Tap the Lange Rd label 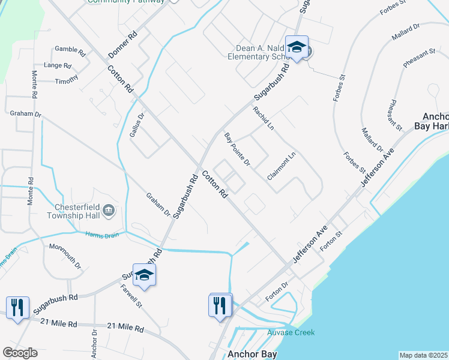[x=58, y=65]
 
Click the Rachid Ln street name [x=263, y=118]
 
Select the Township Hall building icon [x=109, y=209]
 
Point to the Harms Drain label [x=98, y=235]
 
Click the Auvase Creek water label [x=291, y=332]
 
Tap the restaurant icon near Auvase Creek [x=220, y=305]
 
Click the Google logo [x=20, y=353]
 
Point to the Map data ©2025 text [x=423, y=355]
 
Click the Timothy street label [x=67, y=80]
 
